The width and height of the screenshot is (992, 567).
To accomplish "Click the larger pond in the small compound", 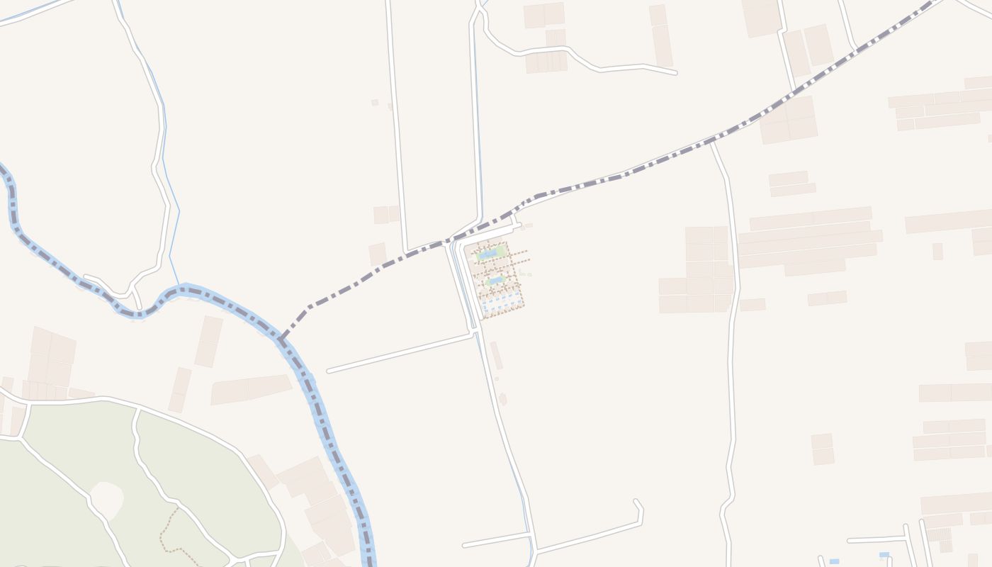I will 488,254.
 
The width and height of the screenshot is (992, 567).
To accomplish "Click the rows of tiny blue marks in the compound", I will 502,303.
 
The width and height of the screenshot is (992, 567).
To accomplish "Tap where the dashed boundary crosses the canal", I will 450,242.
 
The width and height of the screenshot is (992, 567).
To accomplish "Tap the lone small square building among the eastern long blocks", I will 937,251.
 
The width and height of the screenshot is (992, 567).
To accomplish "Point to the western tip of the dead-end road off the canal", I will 329,370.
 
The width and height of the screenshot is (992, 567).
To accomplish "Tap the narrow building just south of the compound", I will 497,355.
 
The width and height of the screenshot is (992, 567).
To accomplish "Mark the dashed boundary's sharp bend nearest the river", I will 308,308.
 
